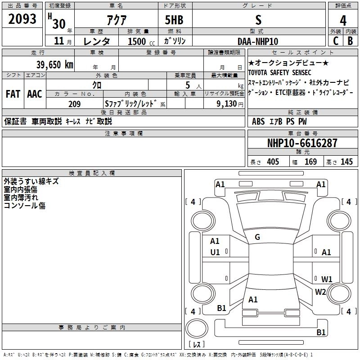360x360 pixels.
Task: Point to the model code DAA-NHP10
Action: point(258,41)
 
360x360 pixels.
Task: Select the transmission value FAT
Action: point(13,94)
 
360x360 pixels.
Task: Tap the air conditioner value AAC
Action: point(34,94)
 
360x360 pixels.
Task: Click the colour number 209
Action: point(74,104)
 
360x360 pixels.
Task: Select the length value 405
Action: point(272,162)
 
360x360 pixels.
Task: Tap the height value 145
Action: point(346,162)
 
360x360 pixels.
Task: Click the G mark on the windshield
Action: point(257,237)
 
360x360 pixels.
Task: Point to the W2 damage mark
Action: point(320,292)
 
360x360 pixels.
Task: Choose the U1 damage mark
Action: point(215,252)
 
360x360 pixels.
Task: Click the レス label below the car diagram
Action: point(197,345)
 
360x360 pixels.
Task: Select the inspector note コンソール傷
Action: point(24,206)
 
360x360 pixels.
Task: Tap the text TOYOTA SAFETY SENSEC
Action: point(279,72)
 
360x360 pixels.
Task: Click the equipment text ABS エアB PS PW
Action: point(279,121)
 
